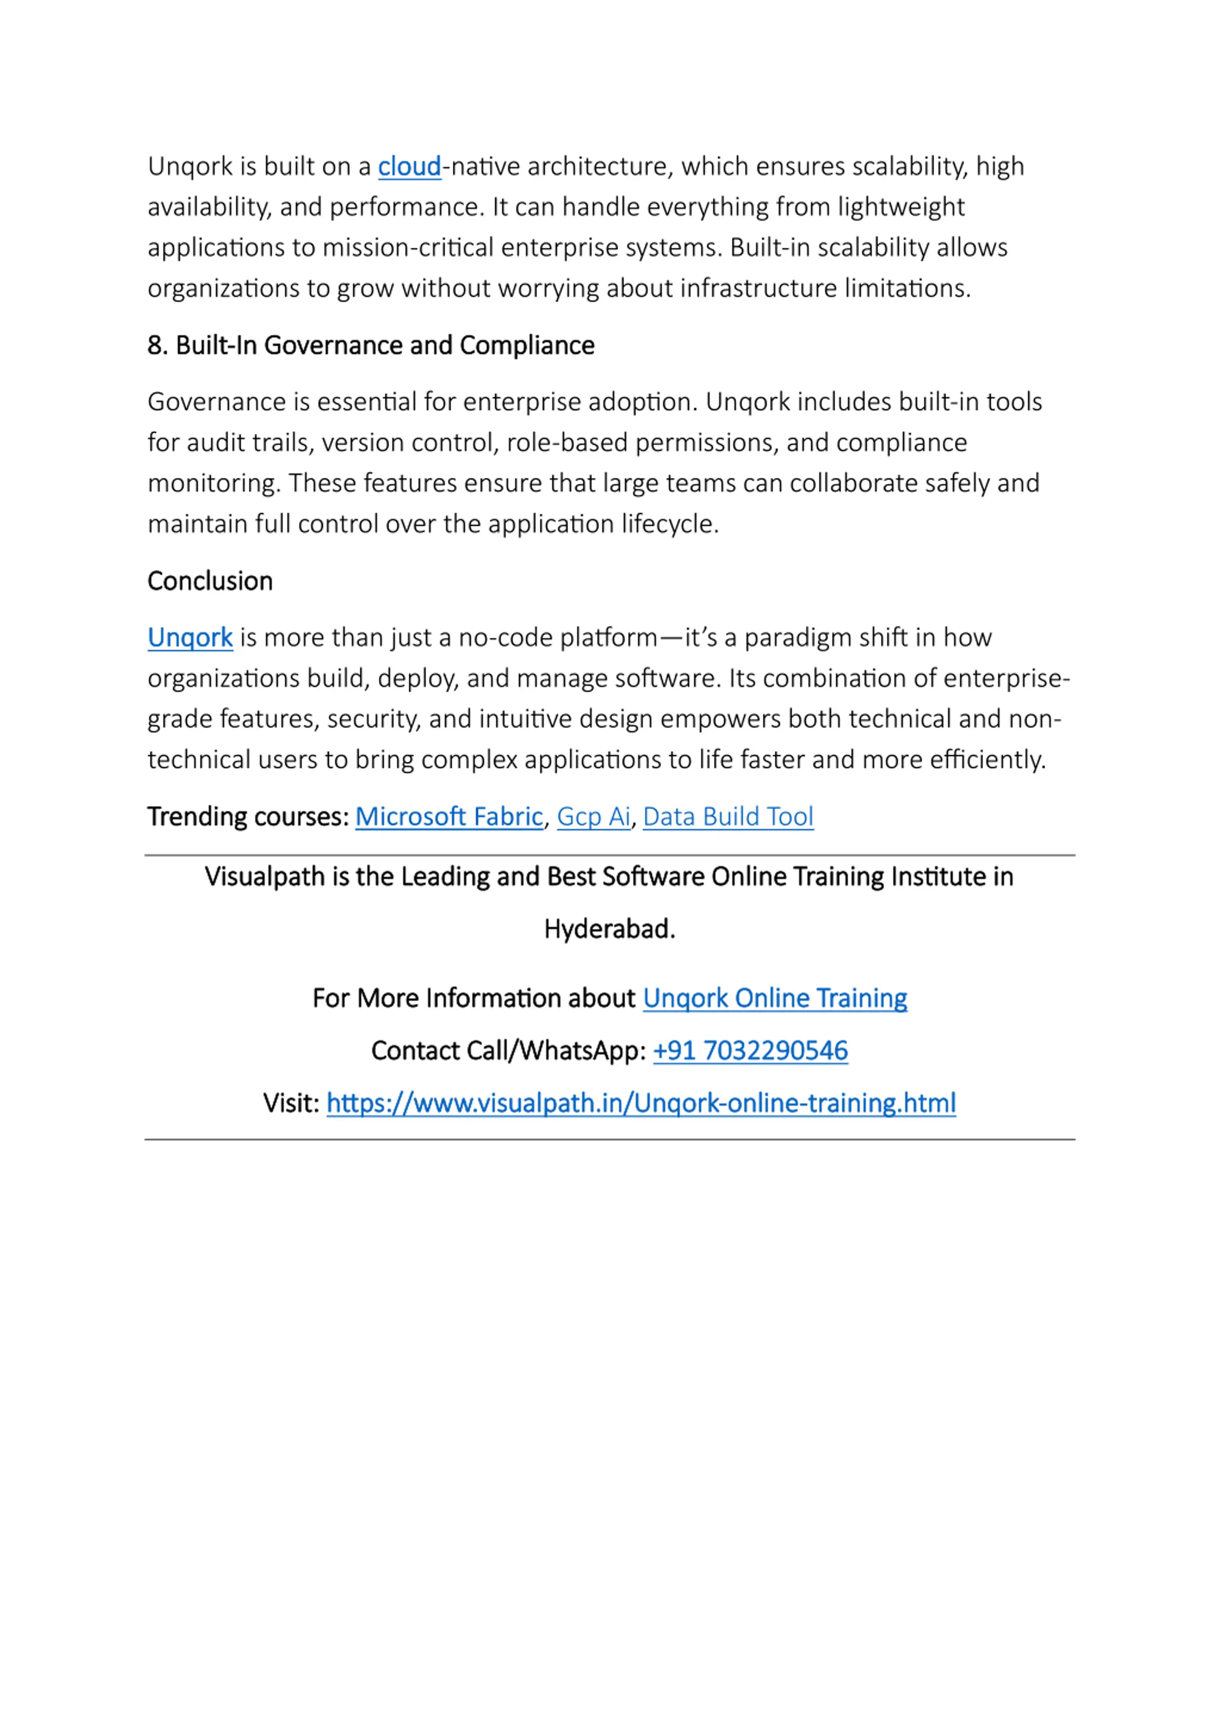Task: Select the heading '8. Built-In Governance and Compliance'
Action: tap(371, 346)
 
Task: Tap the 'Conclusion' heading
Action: tap(210, 581)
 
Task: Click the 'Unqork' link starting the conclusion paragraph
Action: tap(190, 637)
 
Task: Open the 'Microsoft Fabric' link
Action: tap(449, 817)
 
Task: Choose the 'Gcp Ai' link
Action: tap(593, 817)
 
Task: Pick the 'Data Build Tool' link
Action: tap(728, 817)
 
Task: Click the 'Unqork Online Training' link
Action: tap(774, 998)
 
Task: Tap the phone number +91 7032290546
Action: tap(750, 1051)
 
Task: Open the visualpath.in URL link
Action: tap(640, 1103)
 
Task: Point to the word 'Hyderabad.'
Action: tap(610, 929)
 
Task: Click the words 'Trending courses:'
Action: tap(248, 817)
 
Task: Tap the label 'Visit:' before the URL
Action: tap(291, 1103)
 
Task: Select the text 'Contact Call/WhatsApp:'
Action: tap(508, 1051)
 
